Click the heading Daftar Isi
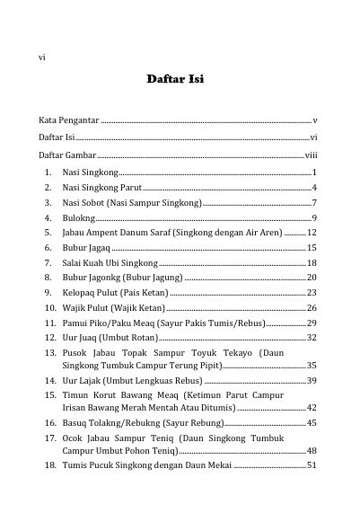180,80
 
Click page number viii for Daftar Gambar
311,155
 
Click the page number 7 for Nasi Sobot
314,203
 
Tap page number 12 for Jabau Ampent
312,233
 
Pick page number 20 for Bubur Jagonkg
312,278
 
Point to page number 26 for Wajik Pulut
312,308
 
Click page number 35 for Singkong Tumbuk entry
312,366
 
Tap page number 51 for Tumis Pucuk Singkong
312,465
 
